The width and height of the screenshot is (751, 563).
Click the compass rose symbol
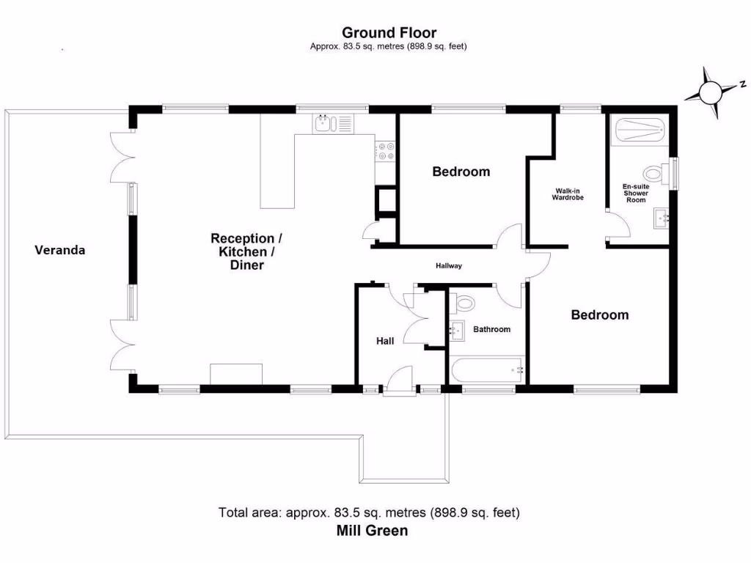(710, 92)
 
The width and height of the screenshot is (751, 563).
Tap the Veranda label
(60, 250)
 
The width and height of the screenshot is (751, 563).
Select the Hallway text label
(449, 266)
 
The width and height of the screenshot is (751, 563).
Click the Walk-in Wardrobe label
(568, 194)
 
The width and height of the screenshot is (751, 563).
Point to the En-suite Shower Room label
(635, 194)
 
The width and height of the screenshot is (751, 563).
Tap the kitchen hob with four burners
(386, 151)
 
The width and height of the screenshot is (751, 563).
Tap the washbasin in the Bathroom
(457, 331)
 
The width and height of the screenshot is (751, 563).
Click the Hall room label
(385, 341)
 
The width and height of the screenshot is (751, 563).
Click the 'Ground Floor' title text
(389, 32)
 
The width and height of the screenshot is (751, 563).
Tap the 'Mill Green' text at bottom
(372, 531)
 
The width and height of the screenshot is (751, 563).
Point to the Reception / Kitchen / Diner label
(246, 251)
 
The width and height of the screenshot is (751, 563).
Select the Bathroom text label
(491, 329)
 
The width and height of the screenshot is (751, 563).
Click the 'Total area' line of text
(369, 512)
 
